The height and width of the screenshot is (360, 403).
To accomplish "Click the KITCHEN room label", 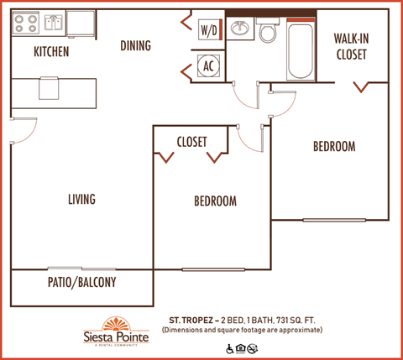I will [x=50, y=52].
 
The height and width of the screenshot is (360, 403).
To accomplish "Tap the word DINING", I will [x=135, y=45].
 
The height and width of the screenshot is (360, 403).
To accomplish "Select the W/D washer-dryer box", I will [x=208, y=30].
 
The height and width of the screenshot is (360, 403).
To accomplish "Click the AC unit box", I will [x=207, y=65].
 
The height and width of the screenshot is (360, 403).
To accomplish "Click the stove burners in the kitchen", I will [x=24, y=22].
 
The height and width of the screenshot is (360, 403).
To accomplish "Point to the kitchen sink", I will [x=54, y=22].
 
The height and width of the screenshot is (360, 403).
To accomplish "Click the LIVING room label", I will [x=81, y=200].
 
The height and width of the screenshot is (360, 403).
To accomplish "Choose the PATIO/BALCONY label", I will [x=81, y=283].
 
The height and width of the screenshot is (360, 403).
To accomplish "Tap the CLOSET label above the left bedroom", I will [x=191, y=142].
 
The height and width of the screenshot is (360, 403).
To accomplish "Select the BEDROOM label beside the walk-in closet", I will [x=334, y=146].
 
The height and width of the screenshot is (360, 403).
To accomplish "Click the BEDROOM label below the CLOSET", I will [x=215, y=201].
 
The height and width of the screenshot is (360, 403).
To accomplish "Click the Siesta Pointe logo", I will [x=121, y=331].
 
